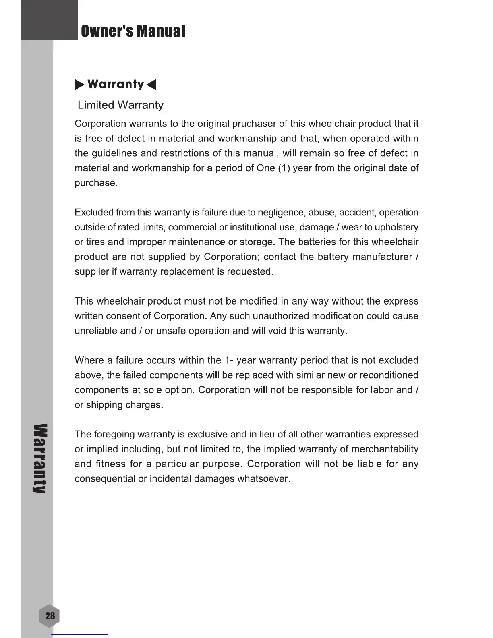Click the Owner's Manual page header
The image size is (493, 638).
133,31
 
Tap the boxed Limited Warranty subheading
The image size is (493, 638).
120,105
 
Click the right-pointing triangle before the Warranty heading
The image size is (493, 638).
79,85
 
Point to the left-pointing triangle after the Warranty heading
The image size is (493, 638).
151,85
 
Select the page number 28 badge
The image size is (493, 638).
50,616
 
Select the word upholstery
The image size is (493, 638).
396,227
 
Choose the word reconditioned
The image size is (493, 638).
389,375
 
